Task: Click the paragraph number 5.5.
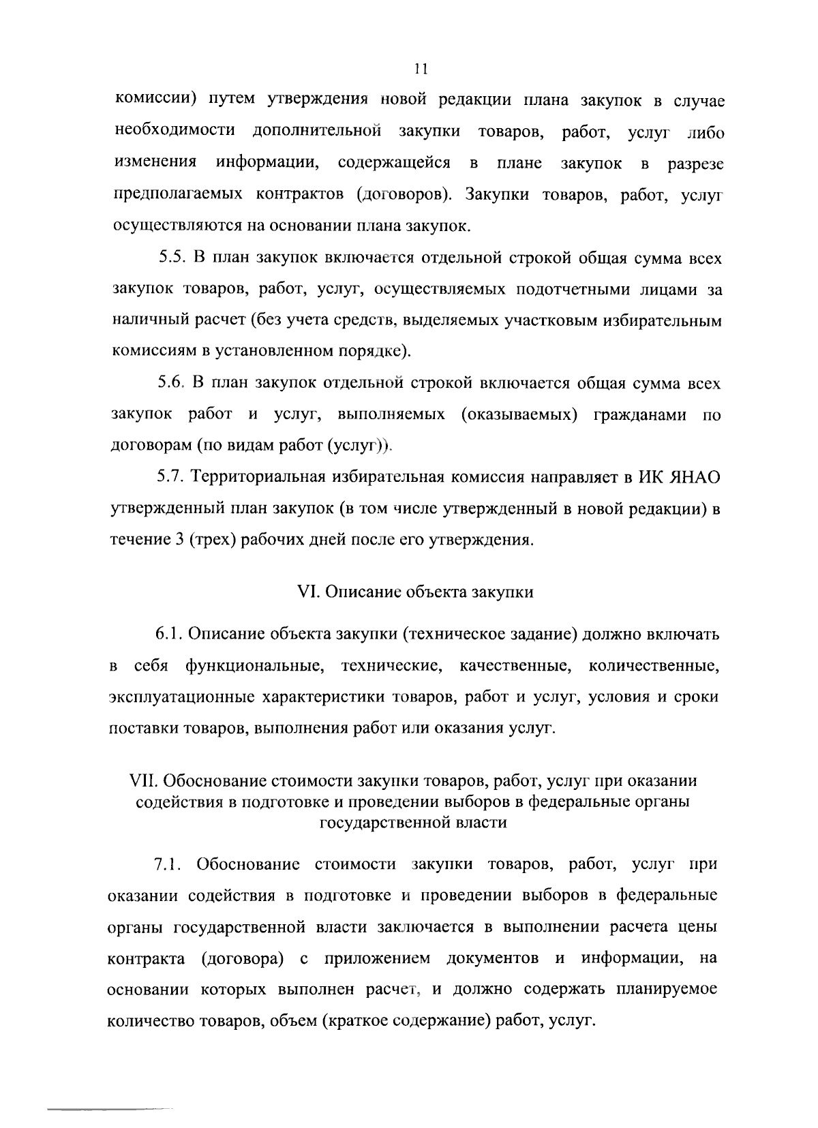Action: [172, 258]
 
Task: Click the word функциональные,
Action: [254, 666]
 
